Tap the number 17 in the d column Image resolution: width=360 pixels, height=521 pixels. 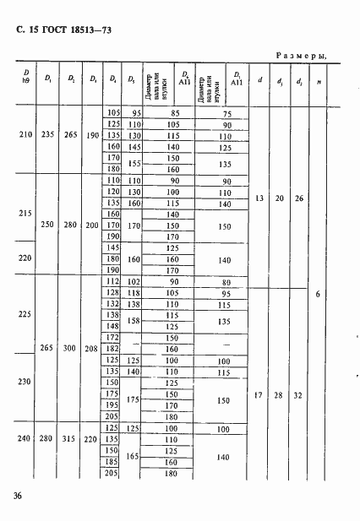pyautogui.click(x=259, y=393)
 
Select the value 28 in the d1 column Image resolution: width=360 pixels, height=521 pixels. pyautogui.click(x=279, y=393)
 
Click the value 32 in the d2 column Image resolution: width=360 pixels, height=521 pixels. pyautogui.click(x=298, y=393)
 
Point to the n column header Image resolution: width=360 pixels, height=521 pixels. pyautogui.click(x=319, y=82)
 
